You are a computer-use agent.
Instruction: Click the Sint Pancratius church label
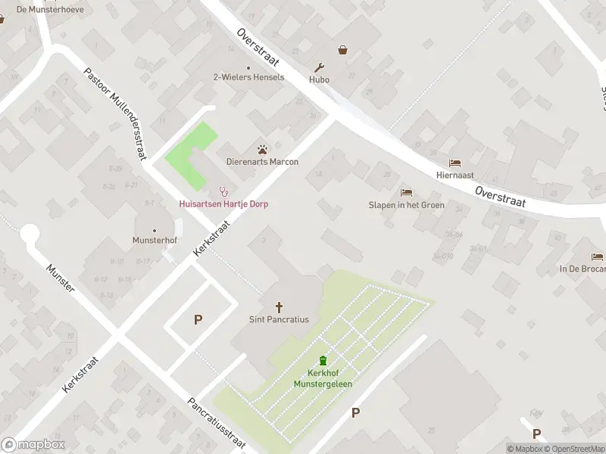pos(279,319)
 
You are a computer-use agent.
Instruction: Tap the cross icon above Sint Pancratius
pos(279,307)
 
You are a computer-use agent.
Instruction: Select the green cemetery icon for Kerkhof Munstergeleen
pos(323,361)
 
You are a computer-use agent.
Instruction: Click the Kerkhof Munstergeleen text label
pos(323,379)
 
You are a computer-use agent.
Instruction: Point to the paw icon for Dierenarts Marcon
pos(263,150)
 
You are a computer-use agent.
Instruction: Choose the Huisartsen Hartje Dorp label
pos(223,204)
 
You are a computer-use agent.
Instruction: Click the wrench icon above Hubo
pos(320,67)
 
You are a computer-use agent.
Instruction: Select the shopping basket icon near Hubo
pos(343,50)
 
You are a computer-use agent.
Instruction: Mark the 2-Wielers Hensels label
pos(248,77)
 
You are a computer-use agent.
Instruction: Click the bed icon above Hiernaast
pos(454,163)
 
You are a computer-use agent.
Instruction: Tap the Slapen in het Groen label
pos(406,205)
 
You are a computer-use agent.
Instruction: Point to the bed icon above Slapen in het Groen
pos(406,193)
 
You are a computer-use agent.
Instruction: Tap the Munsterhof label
pos(155,241)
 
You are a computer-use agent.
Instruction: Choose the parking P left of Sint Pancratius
pos(198,319)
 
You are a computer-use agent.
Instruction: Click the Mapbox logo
pos(33,445)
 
